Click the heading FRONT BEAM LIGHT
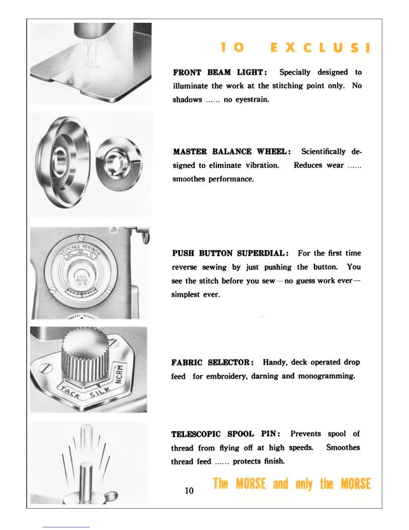click(x=220, y=72)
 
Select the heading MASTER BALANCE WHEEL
click(x=232, y=152)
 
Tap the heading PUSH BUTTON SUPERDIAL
click(x=230, y=253)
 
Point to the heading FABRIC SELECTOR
click(x=212, y=362)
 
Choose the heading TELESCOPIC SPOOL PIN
click(x=226, y=434)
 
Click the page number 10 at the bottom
click(x=189, y=491)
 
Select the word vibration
click(x=262, y=165)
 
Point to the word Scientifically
click(x=323, y=152)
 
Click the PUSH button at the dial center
click(x=82, y=280)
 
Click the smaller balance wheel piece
click(x=119, y=164)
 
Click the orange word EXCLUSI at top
click(x=320, y=48)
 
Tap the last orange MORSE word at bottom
click(x=356, y=484)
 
